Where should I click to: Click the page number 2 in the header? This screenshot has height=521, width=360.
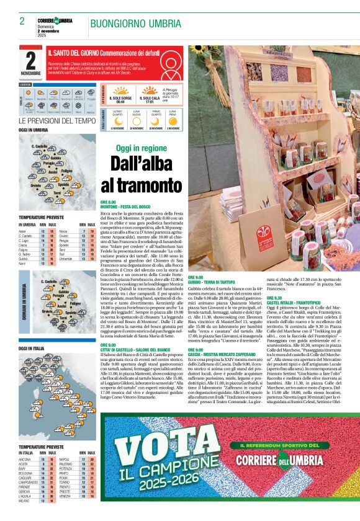[x=22, y=21]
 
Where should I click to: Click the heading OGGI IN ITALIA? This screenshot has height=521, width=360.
[x=31, y=349]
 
